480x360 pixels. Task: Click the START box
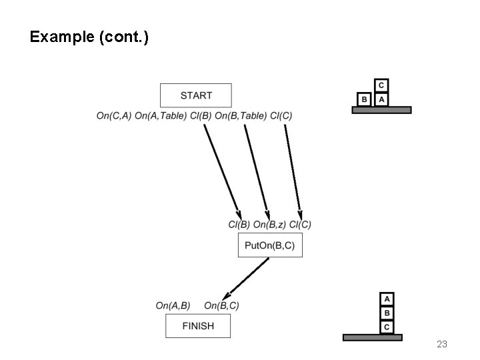[x=196, y=95]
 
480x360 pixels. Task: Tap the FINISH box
[x=198, y=326]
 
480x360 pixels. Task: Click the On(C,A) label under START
[x=114, y=116]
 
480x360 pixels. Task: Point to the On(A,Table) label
[x=160, y=116]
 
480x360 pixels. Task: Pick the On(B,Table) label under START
[x=241, y=116]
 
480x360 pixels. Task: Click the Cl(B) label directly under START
[x=201, y=116]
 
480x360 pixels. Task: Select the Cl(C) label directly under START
[x=281, y=116]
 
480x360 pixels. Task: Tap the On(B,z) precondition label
[x=269, y=225]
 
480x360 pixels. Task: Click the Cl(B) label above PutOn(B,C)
[x=239, y=225]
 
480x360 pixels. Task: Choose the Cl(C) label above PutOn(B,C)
[x=300, y=225]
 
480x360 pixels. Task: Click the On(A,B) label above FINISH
[x=173, y=305]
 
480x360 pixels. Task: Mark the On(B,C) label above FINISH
[x=221, y=305]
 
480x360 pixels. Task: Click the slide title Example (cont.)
[x=89, y=37]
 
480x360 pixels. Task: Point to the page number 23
[x=441, y=344]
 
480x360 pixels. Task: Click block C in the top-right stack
[x=381, y=85]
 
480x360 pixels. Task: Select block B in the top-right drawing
[x=364, y=99]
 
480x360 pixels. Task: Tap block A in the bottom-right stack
[x=387, y=299]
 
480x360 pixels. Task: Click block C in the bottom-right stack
[x=387, y=327]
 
